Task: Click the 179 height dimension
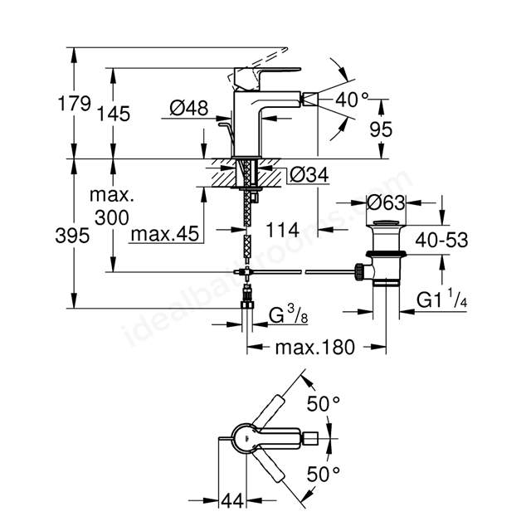point(75,103)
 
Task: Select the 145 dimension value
point(114,114)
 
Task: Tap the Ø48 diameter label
point(189,108)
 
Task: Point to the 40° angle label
point(352,100)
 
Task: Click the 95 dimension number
point(381,129)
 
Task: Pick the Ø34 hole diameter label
point(309,175)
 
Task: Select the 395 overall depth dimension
point(72,235)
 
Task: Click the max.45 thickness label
point(165,234)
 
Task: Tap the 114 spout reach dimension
point(283,231)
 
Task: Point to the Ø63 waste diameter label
point(386,202)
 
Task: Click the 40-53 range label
point(441,240)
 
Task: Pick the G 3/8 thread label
point(288,315)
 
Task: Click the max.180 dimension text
point(315,347)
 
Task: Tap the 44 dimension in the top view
point(232,500)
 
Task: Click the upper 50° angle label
point(323,403)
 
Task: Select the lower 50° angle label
point(323,474)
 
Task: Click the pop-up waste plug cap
point(386,223)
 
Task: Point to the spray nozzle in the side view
point(310,100)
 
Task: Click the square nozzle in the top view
point(310,438)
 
